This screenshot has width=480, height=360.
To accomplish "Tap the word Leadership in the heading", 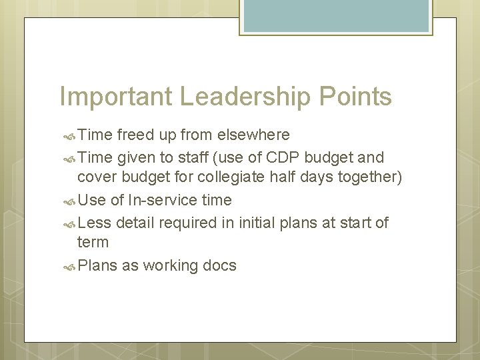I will [244, 97].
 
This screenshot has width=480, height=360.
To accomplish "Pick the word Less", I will [94, 222].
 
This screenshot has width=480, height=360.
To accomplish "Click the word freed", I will [135, 135].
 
